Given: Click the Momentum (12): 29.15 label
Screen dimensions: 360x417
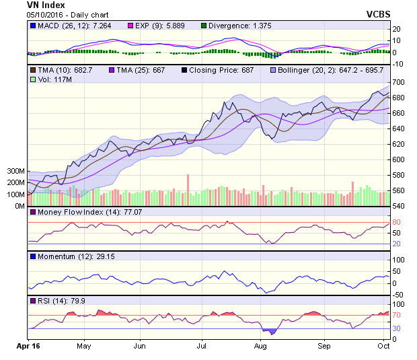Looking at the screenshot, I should pyautogui.click(x=71, y=256).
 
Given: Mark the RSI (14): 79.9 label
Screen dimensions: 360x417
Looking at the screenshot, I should pyautogui.click(x=61, y=301).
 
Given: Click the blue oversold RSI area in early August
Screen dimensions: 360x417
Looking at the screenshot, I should pyautogui.click(x=270, y=331).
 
